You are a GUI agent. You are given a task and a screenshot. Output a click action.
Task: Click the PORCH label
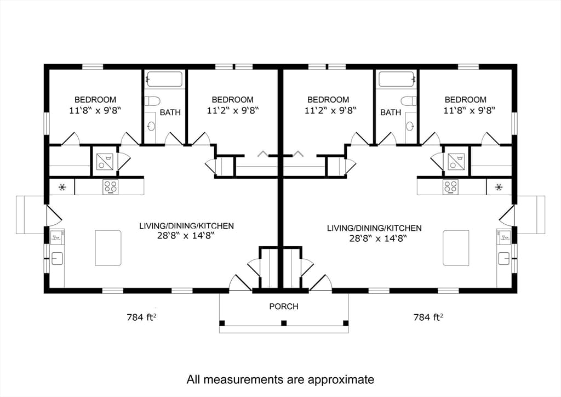(x=284, y=307)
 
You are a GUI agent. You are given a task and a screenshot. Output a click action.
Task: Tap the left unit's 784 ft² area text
(x=142, y=317)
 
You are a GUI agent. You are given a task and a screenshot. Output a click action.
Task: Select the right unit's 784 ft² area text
(x=428, y=317)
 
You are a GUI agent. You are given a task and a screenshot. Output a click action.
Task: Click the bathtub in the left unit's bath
(x=164, y=79)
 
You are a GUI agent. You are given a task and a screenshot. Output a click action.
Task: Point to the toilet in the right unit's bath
(x=408, y=100)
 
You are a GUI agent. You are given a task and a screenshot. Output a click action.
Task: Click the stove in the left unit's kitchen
(x=111, y=187)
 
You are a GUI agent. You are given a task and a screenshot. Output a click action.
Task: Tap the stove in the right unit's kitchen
(x=450, y=187)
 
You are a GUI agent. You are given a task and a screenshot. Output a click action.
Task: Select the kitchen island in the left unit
(x=108, y=248)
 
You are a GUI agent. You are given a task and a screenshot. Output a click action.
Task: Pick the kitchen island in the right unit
(x=456, y=248)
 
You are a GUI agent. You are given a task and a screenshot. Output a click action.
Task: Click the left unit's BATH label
(x=170, y=112)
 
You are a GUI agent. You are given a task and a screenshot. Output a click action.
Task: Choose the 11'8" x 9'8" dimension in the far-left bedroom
(x=95, y=110)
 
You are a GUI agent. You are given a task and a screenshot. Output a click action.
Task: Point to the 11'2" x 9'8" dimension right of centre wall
(x=330, y=110)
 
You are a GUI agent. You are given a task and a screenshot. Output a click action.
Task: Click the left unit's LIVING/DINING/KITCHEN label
(x=186, y=226)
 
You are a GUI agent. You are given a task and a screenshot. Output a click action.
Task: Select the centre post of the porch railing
(x=284, y=324)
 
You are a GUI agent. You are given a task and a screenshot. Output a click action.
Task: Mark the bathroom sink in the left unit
(x=152, y=126)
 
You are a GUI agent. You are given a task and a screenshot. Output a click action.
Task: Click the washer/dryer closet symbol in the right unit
(x=456, y=161)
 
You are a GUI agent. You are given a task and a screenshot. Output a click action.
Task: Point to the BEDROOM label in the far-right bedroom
(x=466, y=99)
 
